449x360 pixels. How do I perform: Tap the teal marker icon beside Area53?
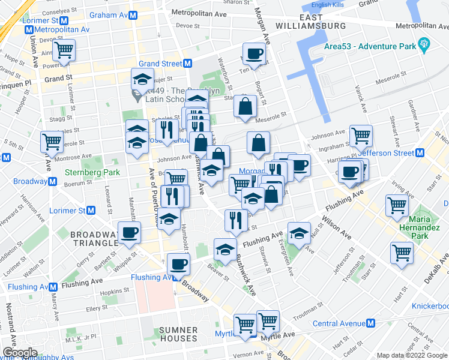click(x=424, y=43)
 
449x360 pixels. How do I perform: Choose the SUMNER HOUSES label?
click(x=178, y=335)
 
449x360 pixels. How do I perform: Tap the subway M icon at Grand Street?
click(x=188, y=64)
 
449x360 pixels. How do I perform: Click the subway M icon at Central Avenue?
click(x=370, y=323)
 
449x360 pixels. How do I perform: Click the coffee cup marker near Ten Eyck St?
click(x=253, y=53)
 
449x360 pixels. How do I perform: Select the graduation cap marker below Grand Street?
click(x=143, y=79)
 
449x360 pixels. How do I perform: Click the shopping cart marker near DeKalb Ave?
click(x=401, y=252)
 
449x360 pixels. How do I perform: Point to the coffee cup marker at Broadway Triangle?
click(x=129, y=232)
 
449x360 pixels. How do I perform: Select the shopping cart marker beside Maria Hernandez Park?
click(x=397, y=205)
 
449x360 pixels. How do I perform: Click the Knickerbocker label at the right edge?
click(x=430, y=306)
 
